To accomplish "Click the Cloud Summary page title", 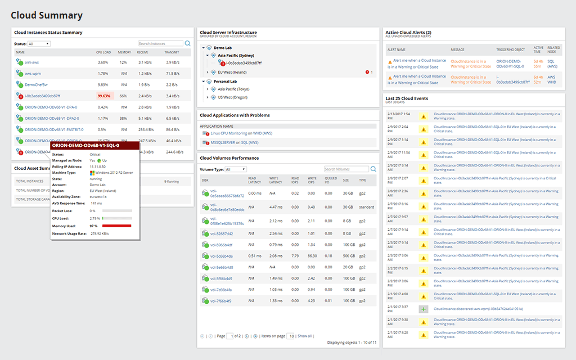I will (x=47, y=16).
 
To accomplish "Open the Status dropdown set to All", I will (x=39, y=43).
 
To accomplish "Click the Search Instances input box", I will (x=160, y=43).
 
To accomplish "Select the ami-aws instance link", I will (x=32, y=62).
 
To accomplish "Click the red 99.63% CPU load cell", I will (x=104, y=96).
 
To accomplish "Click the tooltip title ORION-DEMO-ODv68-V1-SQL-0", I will (x=85, y=146).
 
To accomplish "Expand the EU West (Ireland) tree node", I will (x=208, y=72).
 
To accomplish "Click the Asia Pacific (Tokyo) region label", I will (x=233, y=89).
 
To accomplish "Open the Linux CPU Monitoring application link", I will (x=228, y=133).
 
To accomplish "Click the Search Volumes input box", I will (x=346, y=169).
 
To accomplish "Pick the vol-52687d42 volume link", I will (x=221, y=233).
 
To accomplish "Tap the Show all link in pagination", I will (x=304, y=336).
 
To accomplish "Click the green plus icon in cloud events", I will (x=423, y=309).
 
